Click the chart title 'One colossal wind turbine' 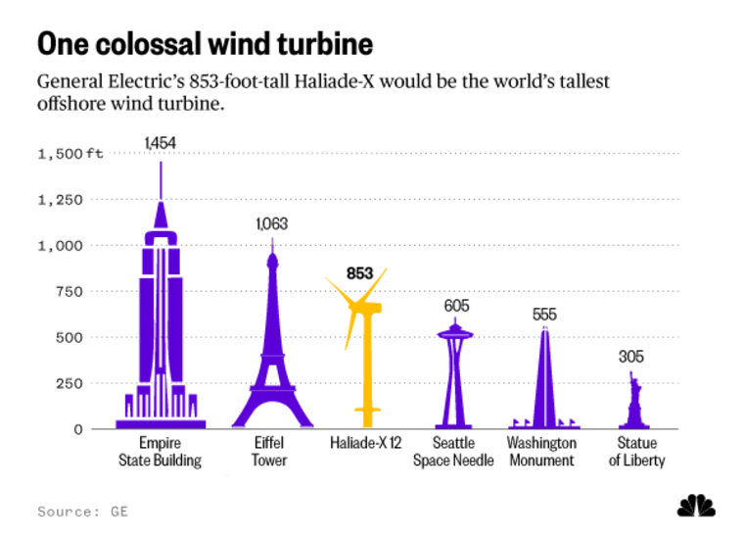pyautogui.click(x=205, y=44)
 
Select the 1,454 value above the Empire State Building pyautogui.click(x=160, y=143)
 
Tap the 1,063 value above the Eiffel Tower pyautogui.click(x=271, y=223)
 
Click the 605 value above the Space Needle pyautogui.click(x=456, y=306)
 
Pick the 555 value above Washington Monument pyautogui.click(x=544, y=315)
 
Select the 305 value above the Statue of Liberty pyautogui.click(x=631, y=357)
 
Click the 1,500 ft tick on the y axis pyautogui.click(x=70, y=154)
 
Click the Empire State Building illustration pyautogui.click(x=161, y=323)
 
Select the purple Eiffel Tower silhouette pyautogui.click(x=272, y=353)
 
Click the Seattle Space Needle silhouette pyautogui.click(x=454, y=372)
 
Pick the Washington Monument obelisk pyautogui.click(x=544, y=382)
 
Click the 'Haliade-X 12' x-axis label pyautogui.click(x=366, y=443)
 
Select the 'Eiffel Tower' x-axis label pyautogui.click(x=269, y=452)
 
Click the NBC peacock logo pyautogui.click(x=696, y=506)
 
